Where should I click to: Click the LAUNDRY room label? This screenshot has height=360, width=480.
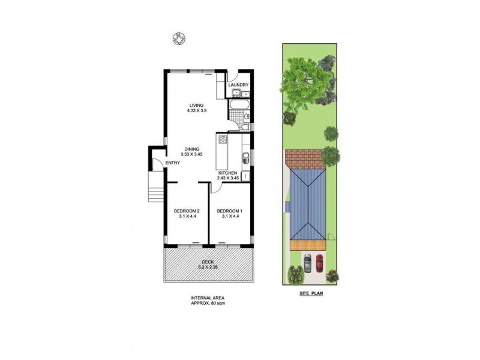[238, 85]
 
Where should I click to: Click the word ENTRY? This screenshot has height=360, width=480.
[172, 163]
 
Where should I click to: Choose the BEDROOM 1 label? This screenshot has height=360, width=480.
[230, 211]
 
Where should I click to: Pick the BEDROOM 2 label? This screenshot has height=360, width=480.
[187, 211]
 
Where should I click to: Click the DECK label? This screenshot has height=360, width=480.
[208, 263]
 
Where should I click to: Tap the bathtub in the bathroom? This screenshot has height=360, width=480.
[236, 109]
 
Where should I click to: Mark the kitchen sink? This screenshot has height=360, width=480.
[245, 158]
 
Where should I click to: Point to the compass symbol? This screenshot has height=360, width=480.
[178, 38]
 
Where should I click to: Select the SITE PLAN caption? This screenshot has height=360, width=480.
[311, 293]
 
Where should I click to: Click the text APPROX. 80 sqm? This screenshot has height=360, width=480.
[208, 304]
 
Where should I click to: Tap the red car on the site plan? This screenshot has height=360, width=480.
[319, 263]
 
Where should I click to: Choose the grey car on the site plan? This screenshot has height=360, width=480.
[308, 263]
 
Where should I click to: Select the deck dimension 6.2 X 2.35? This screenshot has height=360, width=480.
[208, 268]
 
